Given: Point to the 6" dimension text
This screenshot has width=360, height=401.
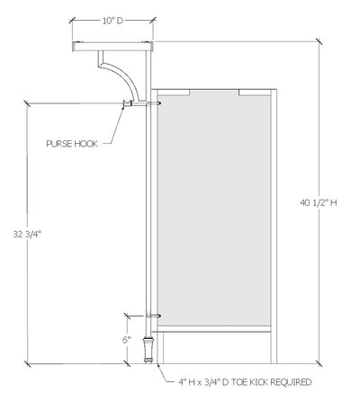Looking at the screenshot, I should coord(128,340).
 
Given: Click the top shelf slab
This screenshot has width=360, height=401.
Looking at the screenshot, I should coord(112,45).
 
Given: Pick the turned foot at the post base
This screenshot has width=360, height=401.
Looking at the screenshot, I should coord(148,349).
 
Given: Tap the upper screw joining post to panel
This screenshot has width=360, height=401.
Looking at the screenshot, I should coord(157,104).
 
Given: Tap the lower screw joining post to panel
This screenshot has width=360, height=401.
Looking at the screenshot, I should coord(157,316).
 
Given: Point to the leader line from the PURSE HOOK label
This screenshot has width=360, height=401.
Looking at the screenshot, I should coord(113,126).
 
